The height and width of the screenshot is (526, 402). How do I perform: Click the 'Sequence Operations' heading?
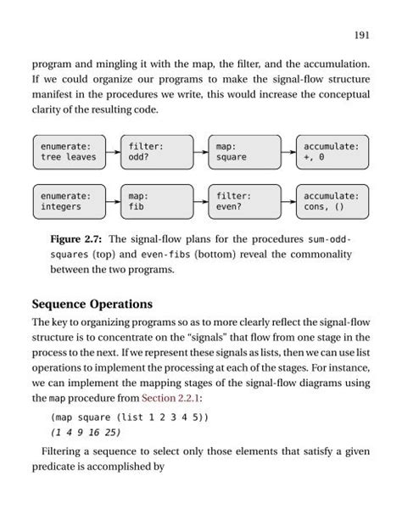(93, 305)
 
